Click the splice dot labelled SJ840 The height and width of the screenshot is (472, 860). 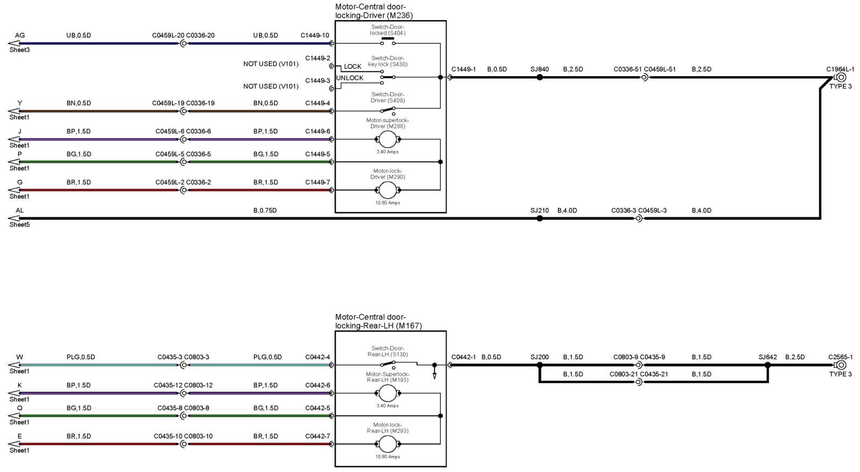click(x=540, y=77)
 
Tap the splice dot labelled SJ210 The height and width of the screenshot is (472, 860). click(x=540, y=219)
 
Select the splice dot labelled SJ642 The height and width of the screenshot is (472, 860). click(x=768, y=365)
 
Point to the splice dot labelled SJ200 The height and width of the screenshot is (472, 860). click(x=540, y=365)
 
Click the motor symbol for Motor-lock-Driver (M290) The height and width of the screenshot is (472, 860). click(x=388, y=190)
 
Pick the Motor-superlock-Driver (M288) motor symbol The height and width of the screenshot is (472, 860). click(x=388, y=140)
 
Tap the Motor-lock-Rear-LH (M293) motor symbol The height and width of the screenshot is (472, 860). click(x=388, y=444)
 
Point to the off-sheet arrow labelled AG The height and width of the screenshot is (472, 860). click(x=14, y=43)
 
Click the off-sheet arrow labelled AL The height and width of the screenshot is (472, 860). click(x=14, y=218)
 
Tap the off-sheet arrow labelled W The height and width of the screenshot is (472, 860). click(x=14, y=365)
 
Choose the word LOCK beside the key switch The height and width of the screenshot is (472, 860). click(x=353, y=67)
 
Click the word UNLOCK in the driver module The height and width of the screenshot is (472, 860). click(x=350, y=78)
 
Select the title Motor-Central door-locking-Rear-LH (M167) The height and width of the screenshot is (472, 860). click(x=378, y=322)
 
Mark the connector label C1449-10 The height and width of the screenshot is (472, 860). click(x=314, y=35)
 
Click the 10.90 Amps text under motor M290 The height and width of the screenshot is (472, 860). click(x=388, y=203)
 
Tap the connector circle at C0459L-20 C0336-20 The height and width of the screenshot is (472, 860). click(x=183, y=43)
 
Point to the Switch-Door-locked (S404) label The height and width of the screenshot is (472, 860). click(x=388, y=30)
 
